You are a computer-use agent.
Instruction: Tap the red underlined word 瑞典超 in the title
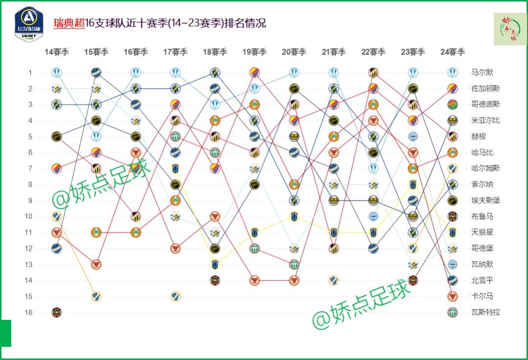tap(69, 23)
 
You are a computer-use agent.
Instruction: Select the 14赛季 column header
tap(57, 52)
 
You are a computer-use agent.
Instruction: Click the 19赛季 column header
tap(254, 52)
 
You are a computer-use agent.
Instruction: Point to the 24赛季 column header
tap(452, 52)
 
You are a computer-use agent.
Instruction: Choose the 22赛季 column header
tap(373, 52)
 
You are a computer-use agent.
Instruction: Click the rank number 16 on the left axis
tap(28, 312)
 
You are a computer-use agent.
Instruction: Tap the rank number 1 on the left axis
tap(30, 73)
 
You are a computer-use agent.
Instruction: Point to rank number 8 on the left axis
tap(30, 184)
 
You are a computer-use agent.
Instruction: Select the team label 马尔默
tap(482, 73)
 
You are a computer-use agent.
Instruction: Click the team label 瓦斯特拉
tap(485, 312)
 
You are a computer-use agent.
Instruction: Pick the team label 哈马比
tap(482, 153)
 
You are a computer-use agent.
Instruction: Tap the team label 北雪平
tap(482, 280)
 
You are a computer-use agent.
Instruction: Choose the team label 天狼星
tap(482, 232)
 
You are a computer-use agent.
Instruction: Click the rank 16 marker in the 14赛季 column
tap(57, 312)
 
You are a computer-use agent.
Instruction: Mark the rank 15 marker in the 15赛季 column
tap(96, 296)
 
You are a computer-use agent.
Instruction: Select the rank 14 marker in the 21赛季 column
tap(333, 280)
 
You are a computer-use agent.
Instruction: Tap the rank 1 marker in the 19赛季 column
tap(254, 73)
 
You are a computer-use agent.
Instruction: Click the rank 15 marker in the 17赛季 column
tap(176, 296)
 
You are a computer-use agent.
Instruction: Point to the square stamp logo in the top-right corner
tap(510, 29)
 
